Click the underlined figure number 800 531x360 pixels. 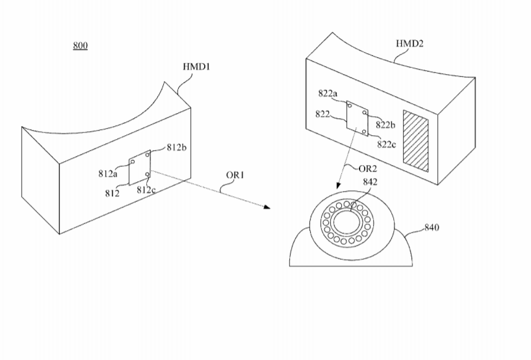tap(80, 45)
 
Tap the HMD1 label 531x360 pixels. tap(196, 67)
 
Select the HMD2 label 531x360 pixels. tap(409, 44)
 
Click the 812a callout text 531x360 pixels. tap(108, 174)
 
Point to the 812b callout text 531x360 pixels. tap(176, 148)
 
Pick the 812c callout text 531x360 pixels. tap(146, 190)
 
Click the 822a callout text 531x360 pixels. tap(328, 93)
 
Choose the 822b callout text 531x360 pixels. tap(385, 125)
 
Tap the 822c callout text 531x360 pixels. tap(387, 144)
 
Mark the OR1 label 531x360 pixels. tap(235, 175)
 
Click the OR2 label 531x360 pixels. tap(367, 168)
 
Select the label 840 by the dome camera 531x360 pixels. tap(432, 227)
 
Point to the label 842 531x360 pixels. tap(370, 182)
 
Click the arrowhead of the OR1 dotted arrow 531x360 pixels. tap(267, 207)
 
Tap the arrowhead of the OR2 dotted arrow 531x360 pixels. tap(338, 185)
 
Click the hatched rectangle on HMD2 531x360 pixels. tap(415, 141)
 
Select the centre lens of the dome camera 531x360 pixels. tap(348, 222)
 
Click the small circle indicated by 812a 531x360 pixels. tap(133, 162)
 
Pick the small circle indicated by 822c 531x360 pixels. tap(364, 131)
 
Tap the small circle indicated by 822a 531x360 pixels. tap(350, 106)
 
